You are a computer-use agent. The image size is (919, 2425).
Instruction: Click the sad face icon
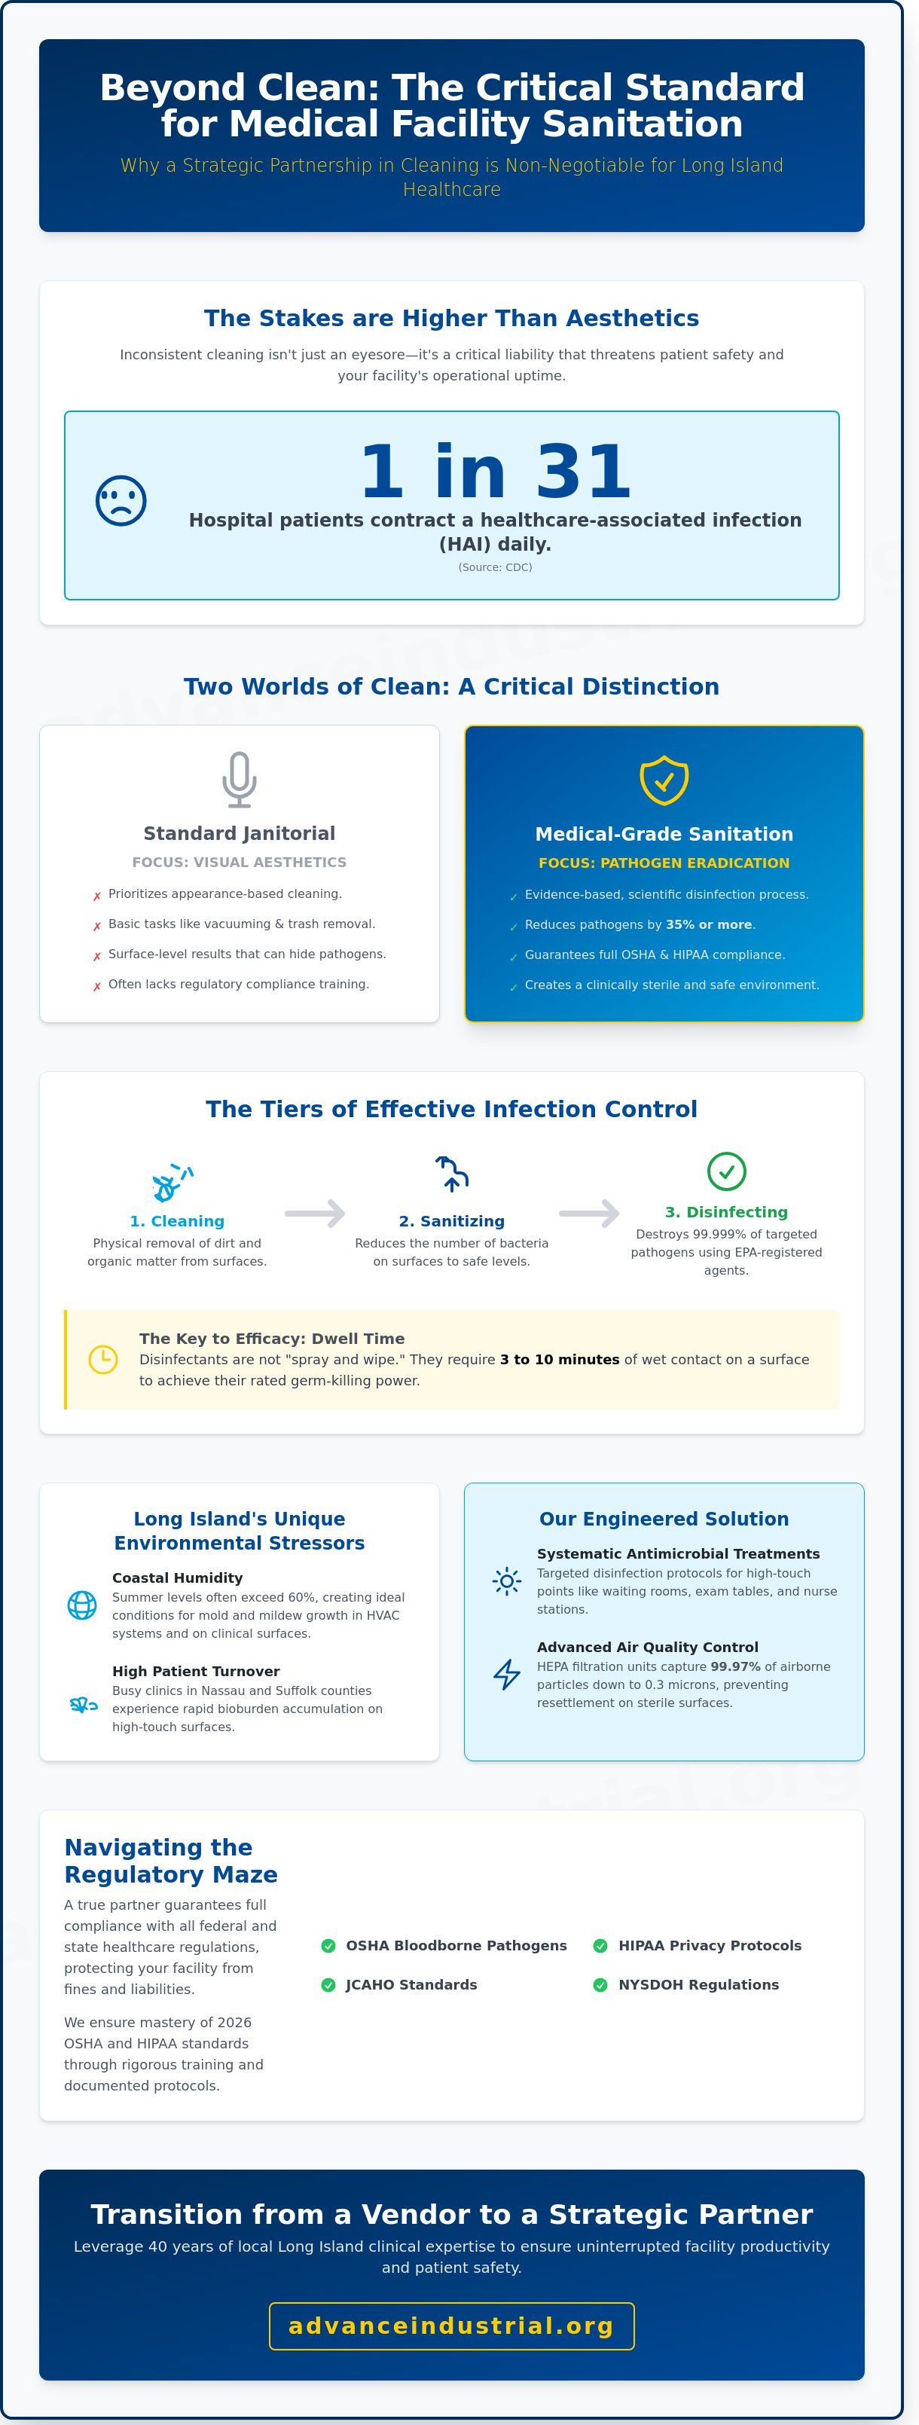pos(121,501)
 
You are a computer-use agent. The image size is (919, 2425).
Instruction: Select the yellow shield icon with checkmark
pos(664,780)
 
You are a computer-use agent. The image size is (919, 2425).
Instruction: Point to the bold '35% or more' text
pos(709,924)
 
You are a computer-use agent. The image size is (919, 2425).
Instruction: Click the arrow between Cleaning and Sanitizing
pos(316,1214)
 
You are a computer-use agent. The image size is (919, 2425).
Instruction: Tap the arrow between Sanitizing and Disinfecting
pos(589,1214)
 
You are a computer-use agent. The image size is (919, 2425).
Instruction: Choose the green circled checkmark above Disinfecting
pos(726,1171)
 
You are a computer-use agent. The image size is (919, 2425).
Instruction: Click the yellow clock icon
pos(102,1359)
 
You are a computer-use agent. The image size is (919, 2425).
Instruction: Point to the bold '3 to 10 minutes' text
pos(559,1359)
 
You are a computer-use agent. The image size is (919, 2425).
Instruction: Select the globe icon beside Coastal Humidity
pos(82,1605)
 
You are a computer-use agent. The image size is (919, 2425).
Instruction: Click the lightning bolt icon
pos(506,1674)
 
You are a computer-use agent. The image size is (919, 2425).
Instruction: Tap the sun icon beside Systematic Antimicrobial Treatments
pos(506,1581)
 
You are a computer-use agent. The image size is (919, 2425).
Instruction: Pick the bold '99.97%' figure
pos(735,1666)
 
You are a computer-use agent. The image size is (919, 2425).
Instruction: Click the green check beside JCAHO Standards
pos(328,1984)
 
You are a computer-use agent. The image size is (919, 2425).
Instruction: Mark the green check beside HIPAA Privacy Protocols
pos(600,1946)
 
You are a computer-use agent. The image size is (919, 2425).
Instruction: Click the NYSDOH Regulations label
pos(698,1984)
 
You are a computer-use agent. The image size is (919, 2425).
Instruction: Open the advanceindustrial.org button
pos(451,2326)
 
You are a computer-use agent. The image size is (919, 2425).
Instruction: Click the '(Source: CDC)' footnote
pos(496,568)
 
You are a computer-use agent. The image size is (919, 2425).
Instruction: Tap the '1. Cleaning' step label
pos(177,1221)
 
